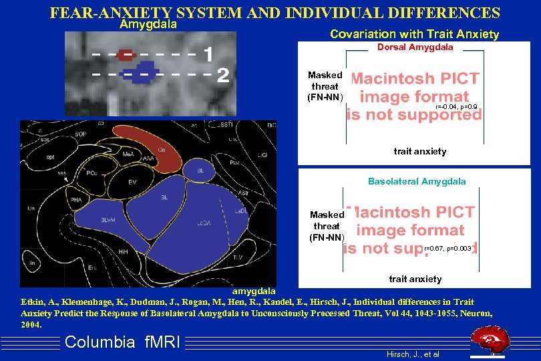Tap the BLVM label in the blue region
point(108,220)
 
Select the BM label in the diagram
point(133,181)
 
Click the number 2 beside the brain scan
point(223,74)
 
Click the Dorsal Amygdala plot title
point(415,47)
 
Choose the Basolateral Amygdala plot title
point(417,181)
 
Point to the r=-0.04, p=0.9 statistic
point(456,107)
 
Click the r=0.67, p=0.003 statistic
point(448,249)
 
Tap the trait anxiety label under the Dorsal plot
point(419,152)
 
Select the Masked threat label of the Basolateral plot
point(327,226)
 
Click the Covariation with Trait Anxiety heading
point(414,34)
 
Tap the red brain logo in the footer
point(493,341)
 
